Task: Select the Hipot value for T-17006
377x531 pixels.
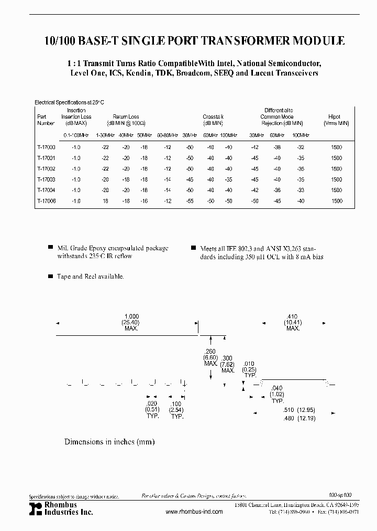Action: pyautogui.click(x=337, y=201)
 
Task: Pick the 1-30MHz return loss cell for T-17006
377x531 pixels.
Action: pyautogui.click(x=105, y=201)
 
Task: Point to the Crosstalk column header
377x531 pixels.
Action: pyautogui.click(x=213, y=117)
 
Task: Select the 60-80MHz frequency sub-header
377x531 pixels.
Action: pyautogui.click(x=167, y=135)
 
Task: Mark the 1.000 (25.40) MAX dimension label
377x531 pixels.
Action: pyautogui.click(x=131, y=322)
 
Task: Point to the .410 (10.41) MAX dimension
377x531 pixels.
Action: pyautogui.click(x=293, y=322)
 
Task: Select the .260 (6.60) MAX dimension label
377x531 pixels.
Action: pyautogui.click(x=210, y=357)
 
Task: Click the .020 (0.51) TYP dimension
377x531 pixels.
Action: pyautogui.click(x=152, y=410)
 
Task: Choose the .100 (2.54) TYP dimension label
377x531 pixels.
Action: pyautogui.click(x=177, y=410)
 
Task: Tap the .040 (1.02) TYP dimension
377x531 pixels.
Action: pyautogui.click(x=276, y=394)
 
